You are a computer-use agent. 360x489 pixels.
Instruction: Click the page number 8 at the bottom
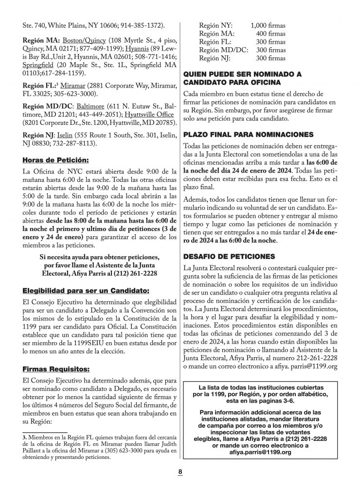tap(180, 472)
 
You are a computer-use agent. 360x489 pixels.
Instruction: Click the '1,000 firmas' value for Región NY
tap(268, 26)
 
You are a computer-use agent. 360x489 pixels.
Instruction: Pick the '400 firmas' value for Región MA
tap(271, 34)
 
